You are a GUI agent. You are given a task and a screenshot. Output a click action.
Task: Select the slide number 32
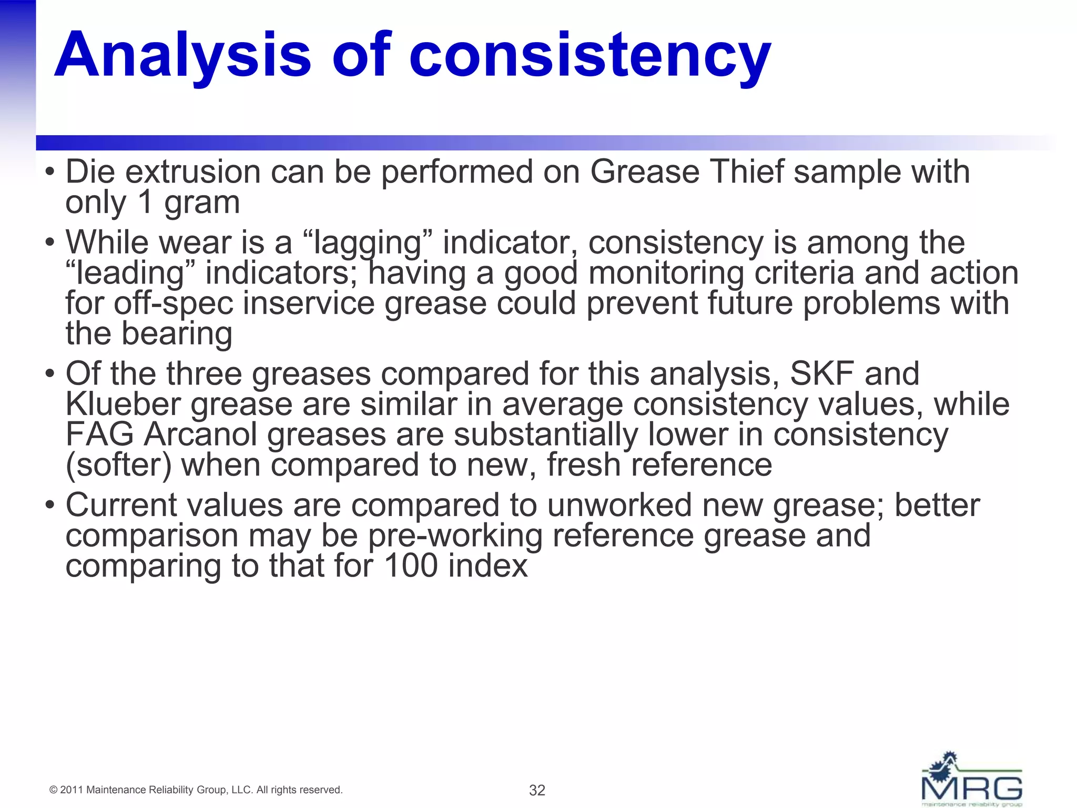537,790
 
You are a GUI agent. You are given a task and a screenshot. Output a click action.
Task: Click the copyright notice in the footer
196,790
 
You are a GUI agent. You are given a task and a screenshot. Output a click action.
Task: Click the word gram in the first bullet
202,203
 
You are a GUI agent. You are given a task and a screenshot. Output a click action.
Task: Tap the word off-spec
174,304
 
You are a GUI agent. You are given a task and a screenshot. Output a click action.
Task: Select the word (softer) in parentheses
119,466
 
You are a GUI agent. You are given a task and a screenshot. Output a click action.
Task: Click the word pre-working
455,536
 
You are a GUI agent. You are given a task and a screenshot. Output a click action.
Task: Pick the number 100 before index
411,566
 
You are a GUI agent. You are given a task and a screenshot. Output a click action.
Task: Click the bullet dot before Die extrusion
50,172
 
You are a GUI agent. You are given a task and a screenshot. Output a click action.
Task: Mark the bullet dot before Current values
50,505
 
